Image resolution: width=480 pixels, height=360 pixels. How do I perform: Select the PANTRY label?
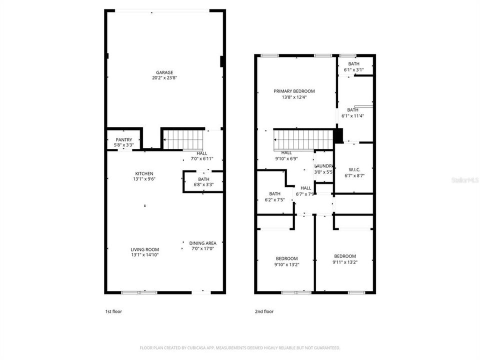[123, 139]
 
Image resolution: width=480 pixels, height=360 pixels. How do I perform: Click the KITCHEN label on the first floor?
[143, 173]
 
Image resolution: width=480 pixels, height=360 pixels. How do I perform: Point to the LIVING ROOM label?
[145, 249]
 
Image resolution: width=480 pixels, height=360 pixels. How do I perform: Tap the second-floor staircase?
[303, 139]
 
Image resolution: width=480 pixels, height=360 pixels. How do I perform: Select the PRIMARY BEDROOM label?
[294, 91]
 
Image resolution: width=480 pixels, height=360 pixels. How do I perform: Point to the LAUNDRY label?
[324, 166]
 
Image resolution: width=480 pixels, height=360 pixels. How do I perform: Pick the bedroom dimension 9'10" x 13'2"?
[286, 264]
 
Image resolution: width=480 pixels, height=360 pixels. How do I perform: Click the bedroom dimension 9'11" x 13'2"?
[345, 261]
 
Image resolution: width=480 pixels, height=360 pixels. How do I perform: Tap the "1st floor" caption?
[113, 311]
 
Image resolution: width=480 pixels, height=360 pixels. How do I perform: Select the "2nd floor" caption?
[264, 311]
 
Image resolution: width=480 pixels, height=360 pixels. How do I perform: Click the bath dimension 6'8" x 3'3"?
[203, 184]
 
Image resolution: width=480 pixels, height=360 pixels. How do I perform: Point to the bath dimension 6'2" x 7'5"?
[274, 199]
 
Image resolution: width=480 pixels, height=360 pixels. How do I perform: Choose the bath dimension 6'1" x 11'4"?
[352, 116]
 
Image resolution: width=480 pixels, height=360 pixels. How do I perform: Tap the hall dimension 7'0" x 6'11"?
[201, 159]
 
